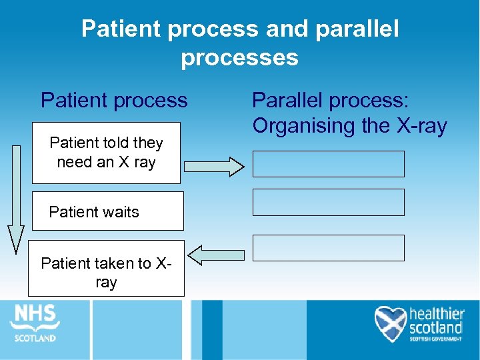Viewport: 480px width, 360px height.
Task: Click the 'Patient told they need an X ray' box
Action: click(106, 153)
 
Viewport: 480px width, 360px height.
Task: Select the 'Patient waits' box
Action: click(107, 211)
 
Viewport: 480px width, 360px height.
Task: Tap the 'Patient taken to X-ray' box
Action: click(106, 268)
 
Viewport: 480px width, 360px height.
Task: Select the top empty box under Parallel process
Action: click(328, 164)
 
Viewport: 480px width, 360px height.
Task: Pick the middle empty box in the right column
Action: click(328, 203)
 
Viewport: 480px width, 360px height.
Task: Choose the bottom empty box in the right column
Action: click(328, 247)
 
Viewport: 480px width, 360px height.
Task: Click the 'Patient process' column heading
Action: click(114, 101)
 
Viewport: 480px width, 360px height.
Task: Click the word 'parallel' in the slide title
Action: click(353, 29)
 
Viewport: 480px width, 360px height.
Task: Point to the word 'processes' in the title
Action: click(239, 57)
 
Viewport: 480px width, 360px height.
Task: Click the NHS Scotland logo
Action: click(34, 323)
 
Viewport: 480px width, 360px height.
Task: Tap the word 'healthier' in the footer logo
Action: click(436, 314)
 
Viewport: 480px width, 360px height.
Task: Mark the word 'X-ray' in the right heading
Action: click(419, 125)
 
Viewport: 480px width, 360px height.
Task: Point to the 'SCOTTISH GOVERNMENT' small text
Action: click(435, 339)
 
